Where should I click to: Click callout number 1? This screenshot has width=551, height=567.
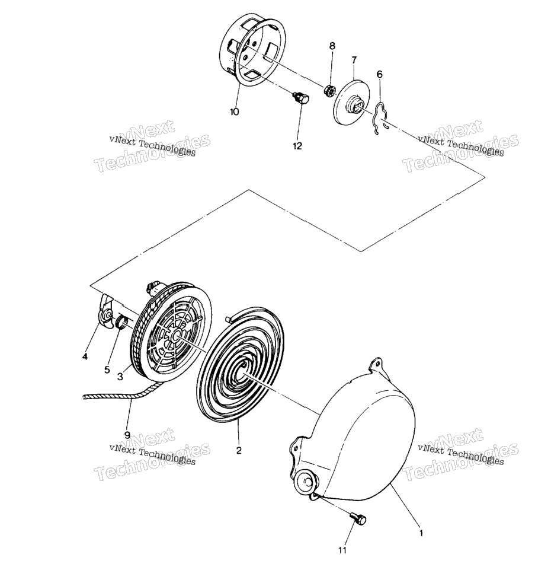pyautogui.click(x=421, y=533)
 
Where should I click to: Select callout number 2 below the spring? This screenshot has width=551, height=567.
pyautogui.click(x=238, y=451)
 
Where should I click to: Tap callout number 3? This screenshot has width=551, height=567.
pyautogui.click(x=120, y=377)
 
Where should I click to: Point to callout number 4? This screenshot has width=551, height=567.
pyautogui.click(x=85, y=357)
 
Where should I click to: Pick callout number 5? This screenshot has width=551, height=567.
pyautogui.click(x=107, y=370)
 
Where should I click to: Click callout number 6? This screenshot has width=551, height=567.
pyautogui.click(x=379, y=74)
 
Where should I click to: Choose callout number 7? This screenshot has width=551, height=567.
pyautogui.click(x=354, y=60)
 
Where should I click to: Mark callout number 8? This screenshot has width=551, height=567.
pyautogui.click(x=332, y=46)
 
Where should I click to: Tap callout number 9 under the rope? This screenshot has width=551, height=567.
pyautogui.click(x=127, y=435)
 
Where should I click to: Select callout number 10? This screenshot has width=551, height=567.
pyautogui.click(x=234, y=112)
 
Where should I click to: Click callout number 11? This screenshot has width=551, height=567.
pyautogui.click(x=342, y=550)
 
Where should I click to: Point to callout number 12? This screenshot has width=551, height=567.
pyautogui.click(x=297, y=146)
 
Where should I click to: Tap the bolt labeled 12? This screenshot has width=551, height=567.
pyautogui.click(x=302, y=98)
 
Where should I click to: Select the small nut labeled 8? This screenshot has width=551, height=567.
pyautogui.click(x=329, y=90)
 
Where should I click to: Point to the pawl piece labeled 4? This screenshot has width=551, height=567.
pyautogui.click(x=105, y=311)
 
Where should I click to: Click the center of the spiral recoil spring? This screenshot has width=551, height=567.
pyautogui.click(x=246, y=372)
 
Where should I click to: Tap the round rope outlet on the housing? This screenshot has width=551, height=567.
pyautogui.click(x=306, y=482)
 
